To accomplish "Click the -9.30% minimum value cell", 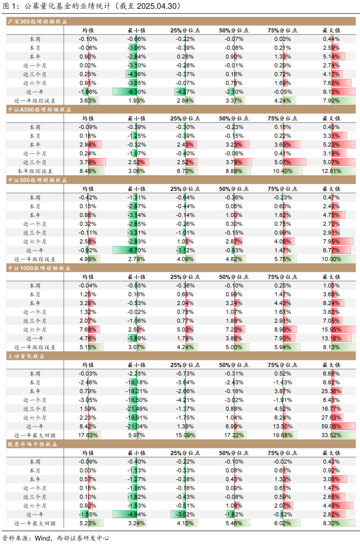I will (137, 92).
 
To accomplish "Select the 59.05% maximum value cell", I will (331, 426).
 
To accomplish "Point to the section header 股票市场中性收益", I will (33, 444).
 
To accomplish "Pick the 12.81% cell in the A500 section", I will (331, 171).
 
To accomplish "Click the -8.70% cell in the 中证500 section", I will (137, 250).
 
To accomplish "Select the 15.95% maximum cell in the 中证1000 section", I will (331, 329).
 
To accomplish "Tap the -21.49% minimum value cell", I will (137, 409).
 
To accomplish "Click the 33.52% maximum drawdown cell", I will (331, 435).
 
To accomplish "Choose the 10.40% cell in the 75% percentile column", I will (282, 171).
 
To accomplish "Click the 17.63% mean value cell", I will (88, 435).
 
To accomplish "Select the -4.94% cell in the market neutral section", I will (137, 514).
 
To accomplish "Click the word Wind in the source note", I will (43, 538).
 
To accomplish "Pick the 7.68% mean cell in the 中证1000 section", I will (88, 329).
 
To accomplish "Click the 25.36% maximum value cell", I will (331, 391).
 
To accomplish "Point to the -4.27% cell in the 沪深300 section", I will (185, 92).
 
